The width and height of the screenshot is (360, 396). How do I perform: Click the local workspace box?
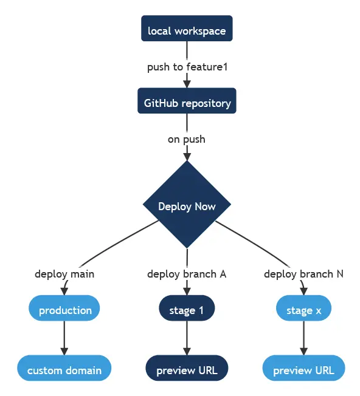point(187,30)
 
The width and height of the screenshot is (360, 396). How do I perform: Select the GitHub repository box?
point(187,103)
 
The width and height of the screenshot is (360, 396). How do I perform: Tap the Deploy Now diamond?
point(187,207)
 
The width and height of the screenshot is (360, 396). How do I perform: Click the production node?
point(64,310)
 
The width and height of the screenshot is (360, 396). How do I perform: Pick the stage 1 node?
point(187,310)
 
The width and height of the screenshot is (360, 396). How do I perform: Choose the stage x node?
point(304,310)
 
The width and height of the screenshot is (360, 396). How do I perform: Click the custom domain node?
point(64,370)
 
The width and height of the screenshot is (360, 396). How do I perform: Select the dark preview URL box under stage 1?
point(187,370)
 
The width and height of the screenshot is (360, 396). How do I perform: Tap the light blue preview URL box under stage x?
point(304,370)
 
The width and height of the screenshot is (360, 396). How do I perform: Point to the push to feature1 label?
point(187,67)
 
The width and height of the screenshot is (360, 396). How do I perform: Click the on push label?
point(187,139)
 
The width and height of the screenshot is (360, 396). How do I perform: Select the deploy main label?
point(64,274)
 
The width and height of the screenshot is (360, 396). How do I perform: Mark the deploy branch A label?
point(187,274)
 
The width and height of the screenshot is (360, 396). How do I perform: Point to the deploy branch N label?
point(303,274)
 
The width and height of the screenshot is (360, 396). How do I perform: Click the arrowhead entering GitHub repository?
point(187,84)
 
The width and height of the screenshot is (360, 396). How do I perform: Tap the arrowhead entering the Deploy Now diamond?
point(187,156)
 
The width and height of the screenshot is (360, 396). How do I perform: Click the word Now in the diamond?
point(204,207)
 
